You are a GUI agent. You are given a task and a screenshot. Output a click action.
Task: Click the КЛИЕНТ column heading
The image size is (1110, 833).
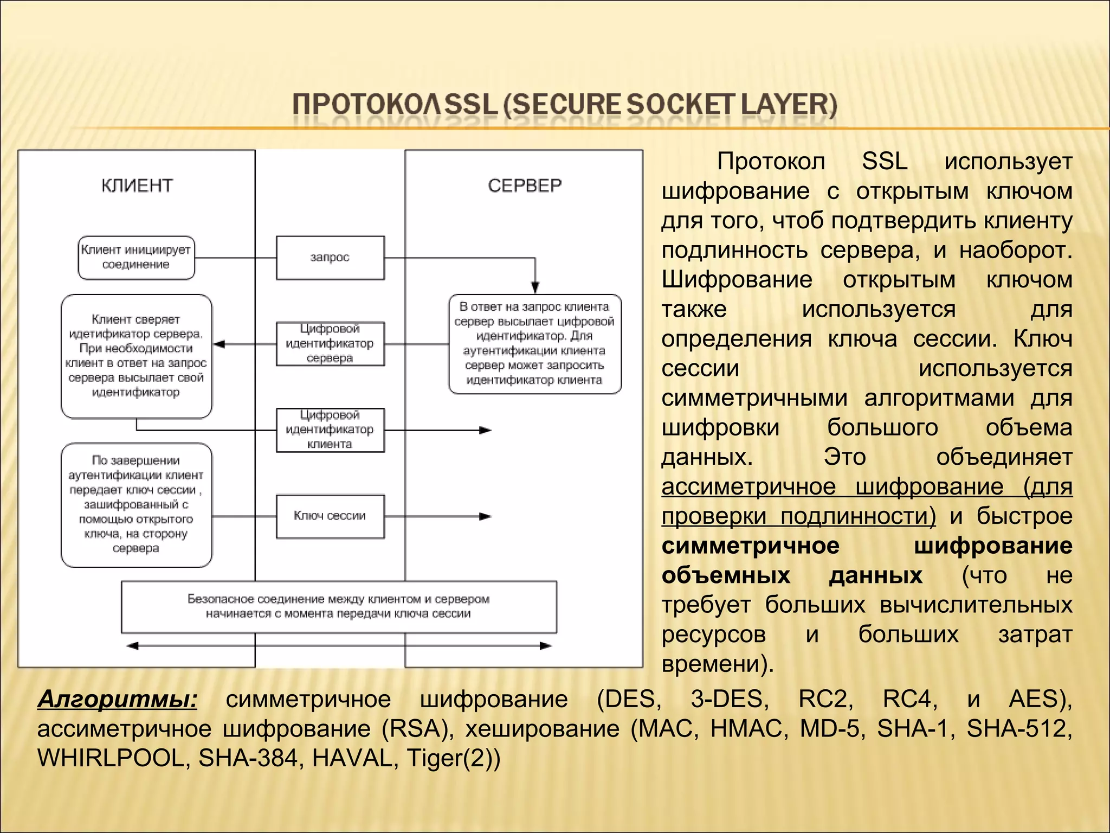click(137, 185)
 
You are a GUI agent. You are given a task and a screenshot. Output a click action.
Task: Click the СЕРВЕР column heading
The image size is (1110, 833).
click(525, 185)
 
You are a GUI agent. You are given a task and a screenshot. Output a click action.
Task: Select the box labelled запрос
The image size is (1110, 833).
click(330, 258)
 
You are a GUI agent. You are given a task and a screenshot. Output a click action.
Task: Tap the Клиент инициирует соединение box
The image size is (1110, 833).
click(136, 258)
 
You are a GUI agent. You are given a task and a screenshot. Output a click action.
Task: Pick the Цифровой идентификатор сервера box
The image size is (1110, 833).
click(330, 343)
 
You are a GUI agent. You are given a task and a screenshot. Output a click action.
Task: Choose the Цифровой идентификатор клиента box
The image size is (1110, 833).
click(330, 430)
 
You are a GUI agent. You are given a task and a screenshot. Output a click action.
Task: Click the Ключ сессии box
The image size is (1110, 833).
click(330, 516)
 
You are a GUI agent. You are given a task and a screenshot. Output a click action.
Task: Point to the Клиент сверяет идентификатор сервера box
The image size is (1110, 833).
click(136, 356)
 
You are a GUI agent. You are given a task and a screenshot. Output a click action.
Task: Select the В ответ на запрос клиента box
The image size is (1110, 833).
click(534, 344)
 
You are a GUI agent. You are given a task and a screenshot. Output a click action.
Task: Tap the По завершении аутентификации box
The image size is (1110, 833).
click(136, 505)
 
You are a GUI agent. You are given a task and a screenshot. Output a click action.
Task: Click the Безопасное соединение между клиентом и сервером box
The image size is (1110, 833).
click(339, 607)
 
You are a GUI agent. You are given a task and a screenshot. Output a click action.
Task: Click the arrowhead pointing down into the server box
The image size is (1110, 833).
click(535, 287)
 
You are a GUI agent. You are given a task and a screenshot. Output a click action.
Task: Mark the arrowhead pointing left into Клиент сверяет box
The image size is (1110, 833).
click(218, 344)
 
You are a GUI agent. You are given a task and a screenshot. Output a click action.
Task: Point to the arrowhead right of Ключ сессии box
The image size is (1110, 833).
click(486, 516)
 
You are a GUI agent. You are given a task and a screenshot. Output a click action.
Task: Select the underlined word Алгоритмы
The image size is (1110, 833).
click(117, 699)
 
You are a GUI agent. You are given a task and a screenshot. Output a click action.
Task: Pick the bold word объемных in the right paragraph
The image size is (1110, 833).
click(726, 575)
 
